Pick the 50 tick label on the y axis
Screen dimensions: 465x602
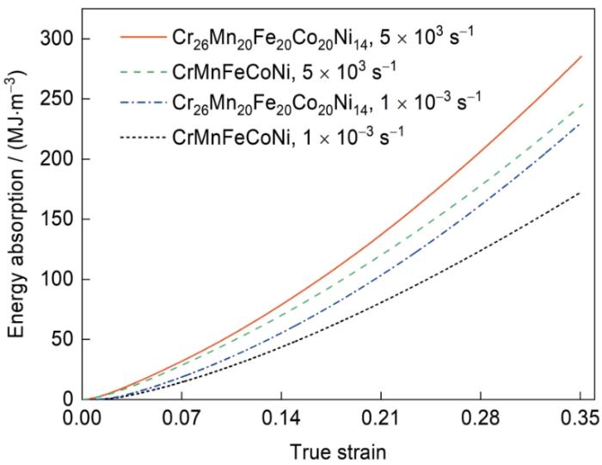pyautogui.click(x=62, y=339)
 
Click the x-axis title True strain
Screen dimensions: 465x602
pyautogui.click(x=332, y=450)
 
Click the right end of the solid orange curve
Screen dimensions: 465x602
pyautogui.click(x=581, y=57)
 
